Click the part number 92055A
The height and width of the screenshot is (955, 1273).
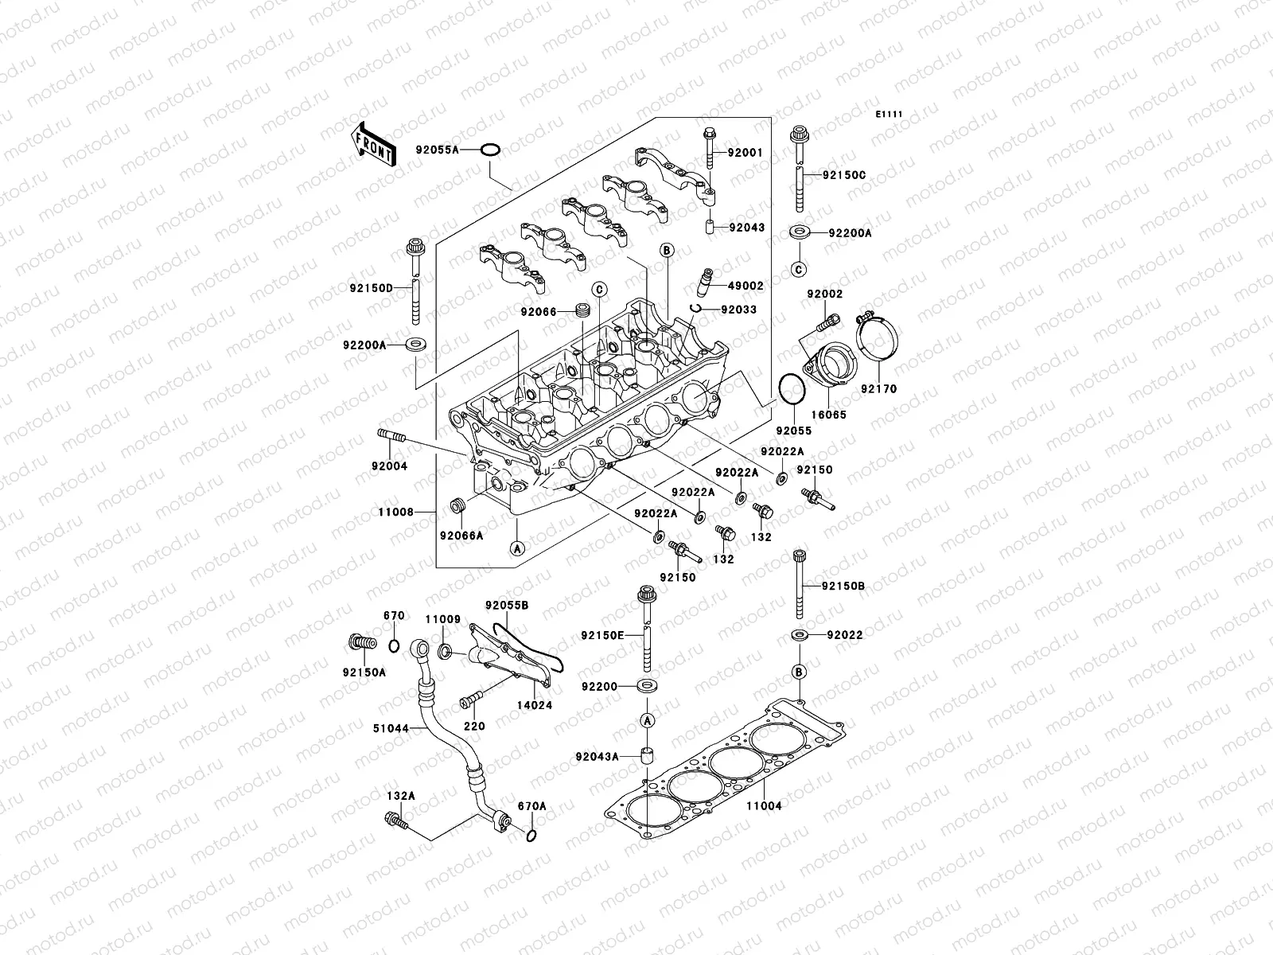point(459,149)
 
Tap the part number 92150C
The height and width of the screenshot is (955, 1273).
point(844,173)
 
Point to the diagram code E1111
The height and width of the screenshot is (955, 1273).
point(889,115)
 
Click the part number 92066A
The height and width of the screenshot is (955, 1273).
point(461,536)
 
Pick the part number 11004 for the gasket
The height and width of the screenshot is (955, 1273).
point(763,805)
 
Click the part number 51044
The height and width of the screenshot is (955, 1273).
point(391,727)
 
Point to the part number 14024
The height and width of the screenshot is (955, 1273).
point(534,705)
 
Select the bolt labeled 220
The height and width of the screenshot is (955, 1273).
point(469,703)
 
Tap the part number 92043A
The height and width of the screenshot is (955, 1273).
point(598,756)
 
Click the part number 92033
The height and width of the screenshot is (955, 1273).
point(739,310)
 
